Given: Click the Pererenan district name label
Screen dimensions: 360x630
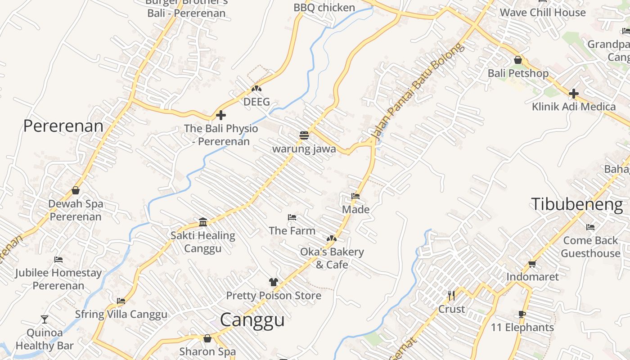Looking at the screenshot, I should (x=63, y=126).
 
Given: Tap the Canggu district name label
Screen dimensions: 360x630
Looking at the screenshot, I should (x=252, y=320).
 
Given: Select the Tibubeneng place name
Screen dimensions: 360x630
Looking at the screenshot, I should (x=577, y=204).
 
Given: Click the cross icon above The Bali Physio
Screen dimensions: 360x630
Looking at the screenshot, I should (x=221, y=115).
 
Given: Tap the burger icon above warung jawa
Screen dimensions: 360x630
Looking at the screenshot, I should (x=304, y=135).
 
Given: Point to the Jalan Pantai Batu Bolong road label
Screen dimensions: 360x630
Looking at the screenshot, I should (x=417, y=90).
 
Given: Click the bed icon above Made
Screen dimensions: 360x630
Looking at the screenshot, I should (x=355, y=196).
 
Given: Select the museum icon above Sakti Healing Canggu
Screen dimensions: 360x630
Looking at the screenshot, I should (x=203, y=222).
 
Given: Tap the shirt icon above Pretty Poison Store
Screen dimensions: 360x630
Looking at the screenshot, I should (x=274, y=282).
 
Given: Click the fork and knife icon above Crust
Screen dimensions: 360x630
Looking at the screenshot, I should (x=451, y=296).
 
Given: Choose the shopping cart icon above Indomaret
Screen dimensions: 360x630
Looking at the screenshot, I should (x=532, y=264).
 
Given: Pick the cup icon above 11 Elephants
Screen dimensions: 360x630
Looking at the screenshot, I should (x=522, y=314).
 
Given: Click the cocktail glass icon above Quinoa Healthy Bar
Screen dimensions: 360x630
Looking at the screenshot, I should (x=44, y=319).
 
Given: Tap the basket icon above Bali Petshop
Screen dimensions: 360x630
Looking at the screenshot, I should (x=518, y=60).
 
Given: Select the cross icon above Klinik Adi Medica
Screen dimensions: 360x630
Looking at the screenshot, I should (x=573, y=94).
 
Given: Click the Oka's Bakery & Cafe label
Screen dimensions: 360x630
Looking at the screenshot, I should (x=332, y=258).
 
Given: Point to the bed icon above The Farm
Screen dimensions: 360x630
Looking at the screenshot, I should (x=292, y=217).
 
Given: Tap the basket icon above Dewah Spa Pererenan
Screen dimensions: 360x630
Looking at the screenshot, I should (x=76, y=190).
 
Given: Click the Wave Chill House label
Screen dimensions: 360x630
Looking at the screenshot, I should (x=543, y=12).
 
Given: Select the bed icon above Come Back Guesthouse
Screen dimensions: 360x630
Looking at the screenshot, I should (x=590, y=227).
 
